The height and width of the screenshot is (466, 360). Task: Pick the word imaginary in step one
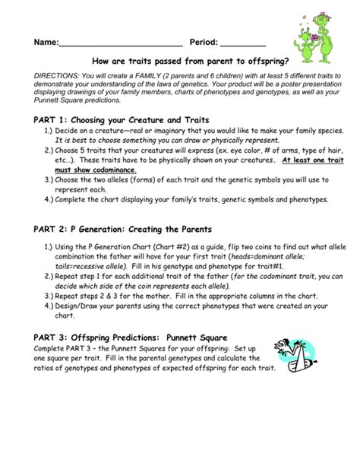pos(160,131)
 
